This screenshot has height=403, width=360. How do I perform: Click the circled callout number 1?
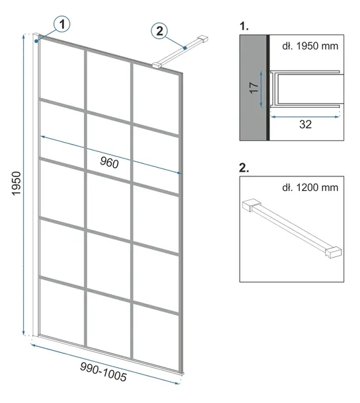[62, 24]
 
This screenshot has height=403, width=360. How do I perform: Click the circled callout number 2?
[160, 31]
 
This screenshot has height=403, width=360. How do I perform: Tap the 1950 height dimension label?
[17, 183]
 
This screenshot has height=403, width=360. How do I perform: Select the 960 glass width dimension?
[110, 163]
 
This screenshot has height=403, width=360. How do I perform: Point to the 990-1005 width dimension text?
[103, 372]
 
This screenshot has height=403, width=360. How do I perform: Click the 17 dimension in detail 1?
[254, 88]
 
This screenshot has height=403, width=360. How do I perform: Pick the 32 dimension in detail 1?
[306, 124]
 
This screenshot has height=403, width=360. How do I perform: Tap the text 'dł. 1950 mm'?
[310, 46]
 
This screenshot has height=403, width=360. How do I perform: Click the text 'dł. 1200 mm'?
[310, 188]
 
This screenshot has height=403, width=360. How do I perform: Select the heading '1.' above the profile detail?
[244, 26]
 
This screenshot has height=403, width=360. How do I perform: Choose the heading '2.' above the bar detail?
[244, 168]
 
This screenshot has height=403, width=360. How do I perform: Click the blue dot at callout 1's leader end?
[37, 41]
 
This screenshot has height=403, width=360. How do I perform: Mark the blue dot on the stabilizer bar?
[185, 48]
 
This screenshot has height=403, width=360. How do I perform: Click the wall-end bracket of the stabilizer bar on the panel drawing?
[203, 38]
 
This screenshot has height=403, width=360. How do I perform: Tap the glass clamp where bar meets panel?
[157, 65]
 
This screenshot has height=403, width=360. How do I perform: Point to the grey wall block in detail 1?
[253, 88]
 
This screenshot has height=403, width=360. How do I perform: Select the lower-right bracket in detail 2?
[334, 252]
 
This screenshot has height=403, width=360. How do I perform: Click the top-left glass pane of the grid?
[62, 69]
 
